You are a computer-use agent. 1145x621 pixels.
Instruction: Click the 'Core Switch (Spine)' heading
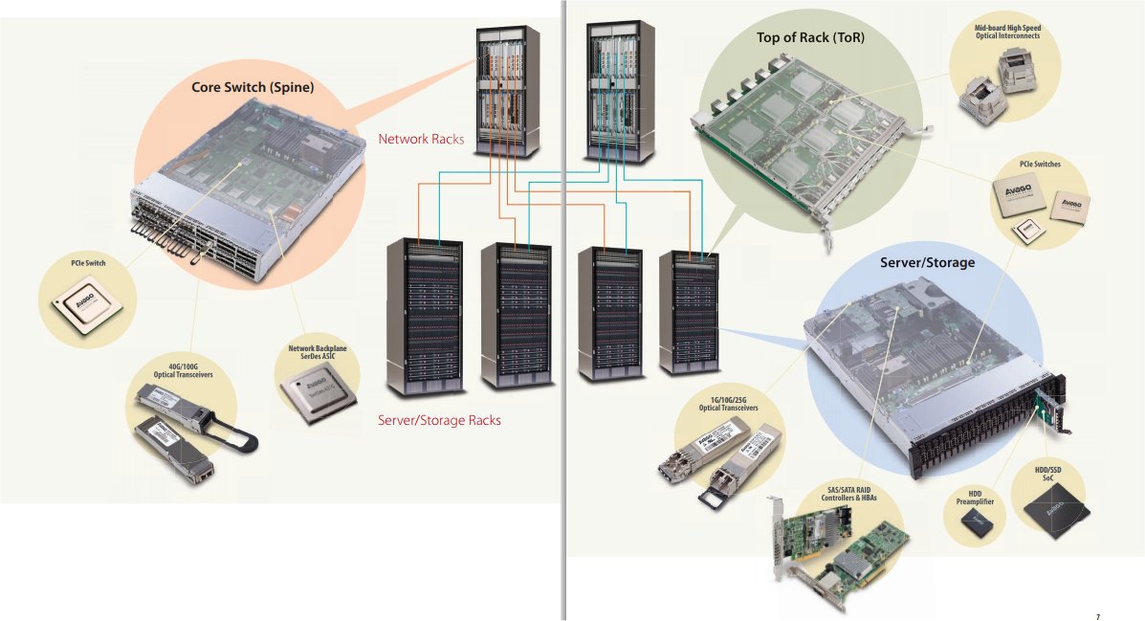click(253, 87)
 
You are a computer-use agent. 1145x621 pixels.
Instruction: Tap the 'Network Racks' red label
click(421, 139)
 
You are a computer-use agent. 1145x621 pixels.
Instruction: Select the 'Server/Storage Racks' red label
click(439, 420)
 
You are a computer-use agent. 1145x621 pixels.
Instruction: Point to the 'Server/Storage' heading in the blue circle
click(927, 261)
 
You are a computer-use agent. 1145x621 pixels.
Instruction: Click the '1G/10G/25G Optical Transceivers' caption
click(728, 404)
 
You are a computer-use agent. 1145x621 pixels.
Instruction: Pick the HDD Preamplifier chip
click(976, 521)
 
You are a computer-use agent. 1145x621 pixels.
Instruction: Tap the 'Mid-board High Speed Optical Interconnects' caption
click(1007, 33)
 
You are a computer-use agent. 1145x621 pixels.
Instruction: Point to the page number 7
click(1097, 616)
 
